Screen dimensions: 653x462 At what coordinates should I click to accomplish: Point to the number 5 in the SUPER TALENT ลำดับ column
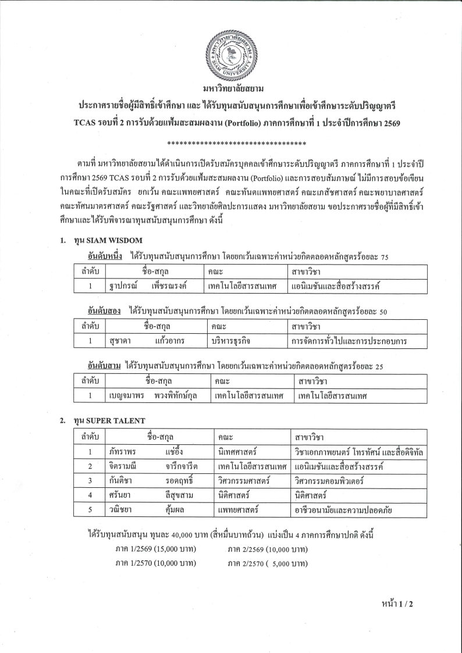(90, 511)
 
